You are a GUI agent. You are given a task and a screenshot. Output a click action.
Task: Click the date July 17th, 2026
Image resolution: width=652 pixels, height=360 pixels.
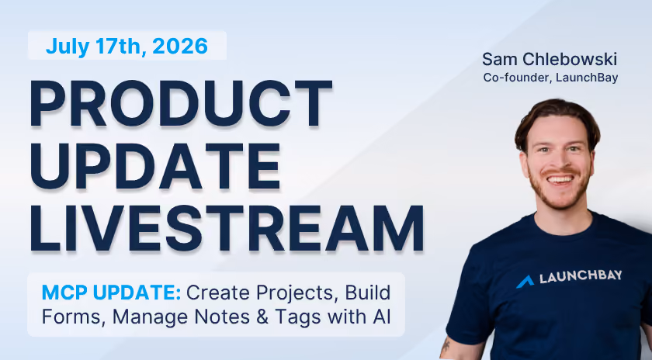(127, 46)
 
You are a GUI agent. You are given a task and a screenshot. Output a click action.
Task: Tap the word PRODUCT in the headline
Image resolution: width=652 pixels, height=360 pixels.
(181, 103)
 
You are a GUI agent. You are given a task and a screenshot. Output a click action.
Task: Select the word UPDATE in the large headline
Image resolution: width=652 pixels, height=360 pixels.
(155, 166)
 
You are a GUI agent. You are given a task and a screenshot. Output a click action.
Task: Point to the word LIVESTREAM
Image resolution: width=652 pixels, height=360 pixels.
(227, 228)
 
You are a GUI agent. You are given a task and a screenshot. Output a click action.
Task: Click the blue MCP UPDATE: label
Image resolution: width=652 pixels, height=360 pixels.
(112, 292)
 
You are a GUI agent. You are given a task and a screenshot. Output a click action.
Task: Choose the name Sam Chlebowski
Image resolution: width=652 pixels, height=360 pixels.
(550, 59)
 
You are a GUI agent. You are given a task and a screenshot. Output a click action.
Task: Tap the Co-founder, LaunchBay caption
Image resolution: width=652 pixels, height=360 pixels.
(550, 78)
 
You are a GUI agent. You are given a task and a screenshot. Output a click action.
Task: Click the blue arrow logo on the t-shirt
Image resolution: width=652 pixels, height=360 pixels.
(525, 282)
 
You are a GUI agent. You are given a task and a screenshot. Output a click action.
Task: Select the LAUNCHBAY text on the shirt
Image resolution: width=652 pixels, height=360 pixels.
(581, 276)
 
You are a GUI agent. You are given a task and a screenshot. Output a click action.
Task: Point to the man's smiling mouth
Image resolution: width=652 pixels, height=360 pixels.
(560, 179)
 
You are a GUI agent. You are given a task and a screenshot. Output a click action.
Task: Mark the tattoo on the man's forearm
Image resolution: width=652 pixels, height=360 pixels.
(446, 345)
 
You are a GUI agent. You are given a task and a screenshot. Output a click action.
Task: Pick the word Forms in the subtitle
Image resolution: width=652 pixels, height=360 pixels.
(71, 317)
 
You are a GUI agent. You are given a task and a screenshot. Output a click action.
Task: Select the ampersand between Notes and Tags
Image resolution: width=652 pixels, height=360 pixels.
(262, 317)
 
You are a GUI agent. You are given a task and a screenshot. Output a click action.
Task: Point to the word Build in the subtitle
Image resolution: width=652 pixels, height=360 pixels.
(368, 292)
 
